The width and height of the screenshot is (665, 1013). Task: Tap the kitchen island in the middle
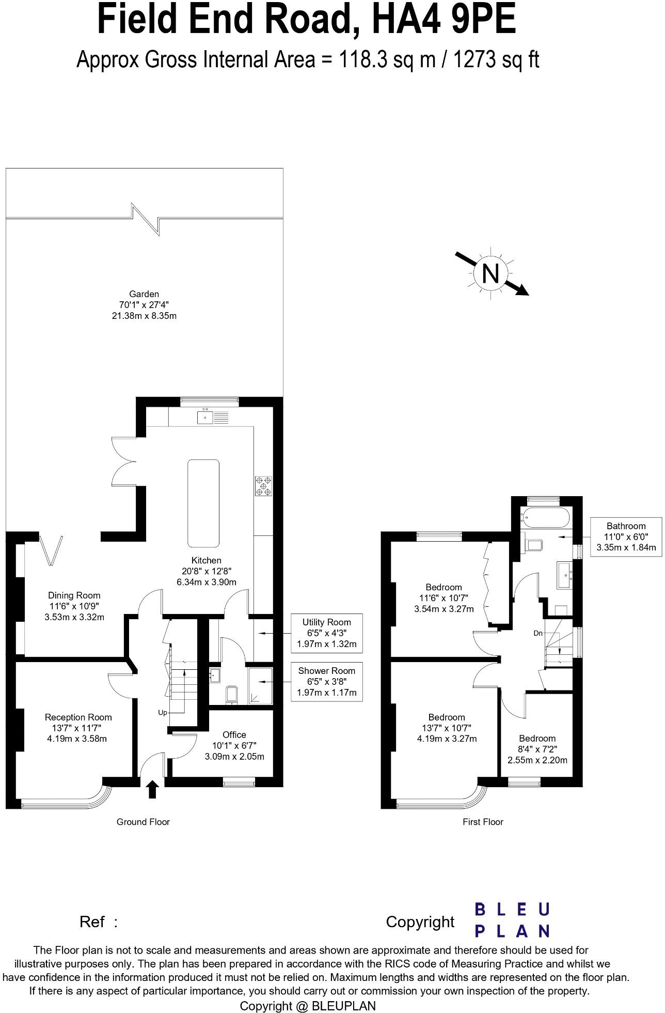[203, 503]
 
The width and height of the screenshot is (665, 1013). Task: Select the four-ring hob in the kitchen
[263, 486]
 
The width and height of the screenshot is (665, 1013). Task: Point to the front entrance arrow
[152, 789]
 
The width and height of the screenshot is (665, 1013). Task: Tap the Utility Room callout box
[326, 633]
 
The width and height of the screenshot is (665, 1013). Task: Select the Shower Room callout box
[326, 682]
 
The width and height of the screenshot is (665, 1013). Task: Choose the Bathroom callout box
[626, 536]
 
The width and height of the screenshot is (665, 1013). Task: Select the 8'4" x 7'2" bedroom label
[537, 749]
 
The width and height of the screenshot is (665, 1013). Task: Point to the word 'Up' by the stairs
[163, 713]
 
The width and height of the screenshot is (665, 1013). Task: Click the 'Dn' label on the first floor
[538, 633]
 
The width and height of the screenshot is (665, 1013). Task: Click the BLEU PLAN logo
[512, 920]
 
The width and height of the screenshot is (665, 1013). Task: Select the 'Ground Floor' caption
[143, 822]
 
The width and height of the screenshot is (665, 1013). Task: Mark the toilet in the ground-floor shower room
[232, 695]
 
